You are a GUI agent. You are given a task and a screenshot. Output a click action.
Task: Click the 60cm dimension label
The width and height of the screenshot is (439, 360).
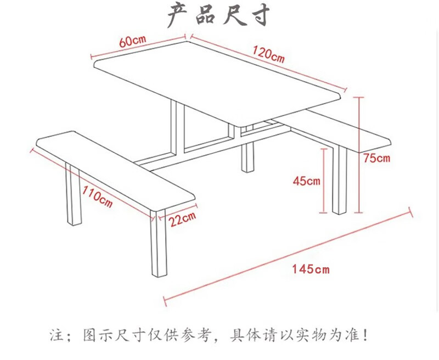(132, 41)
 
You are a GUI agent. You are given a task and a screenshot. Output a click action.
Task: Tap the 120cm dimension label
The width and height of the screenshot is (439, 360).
(268, 54)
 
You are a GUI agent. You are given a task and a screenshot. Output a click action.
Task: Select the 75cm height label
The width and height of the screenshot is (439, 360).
(376, 158)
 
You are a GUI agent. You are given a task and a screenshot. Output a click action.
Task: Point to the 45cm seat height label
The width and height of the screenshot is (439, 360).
(306, 181)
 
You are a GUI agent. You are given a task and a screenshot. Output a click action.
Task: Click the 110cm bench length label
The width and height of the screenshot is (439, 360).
(98, 197)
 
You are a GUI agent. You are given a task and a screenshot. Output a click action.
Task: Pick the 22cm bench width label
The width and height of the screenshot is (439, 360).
(183, 219)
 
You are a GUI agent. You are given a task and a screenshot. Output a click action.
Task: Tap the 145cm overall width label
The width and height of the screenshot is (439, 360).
(311, 269)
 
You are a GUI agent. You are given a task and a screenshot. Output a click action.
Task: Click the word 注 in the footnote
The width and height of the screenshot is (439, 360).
(57, 335)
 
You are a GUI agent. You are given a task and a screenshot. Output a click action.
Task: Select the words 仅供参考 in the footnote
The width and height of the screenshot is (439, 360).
(179, 335)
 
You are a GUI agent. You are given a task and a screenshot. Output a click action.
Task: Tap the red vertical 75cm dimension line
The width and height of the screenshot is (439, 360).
(359, 155)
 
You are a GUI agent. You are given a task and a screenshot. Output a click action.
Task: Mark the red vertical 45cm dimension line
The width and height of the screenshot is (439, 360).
(324, 181)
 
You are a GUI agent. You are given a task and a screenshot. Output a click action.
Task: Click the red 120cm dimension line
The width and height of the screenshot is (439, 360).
(269, 63)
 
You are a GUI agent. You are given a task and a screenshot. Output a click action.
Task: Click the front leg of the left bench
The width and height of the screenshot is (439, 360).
(159, 243)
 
